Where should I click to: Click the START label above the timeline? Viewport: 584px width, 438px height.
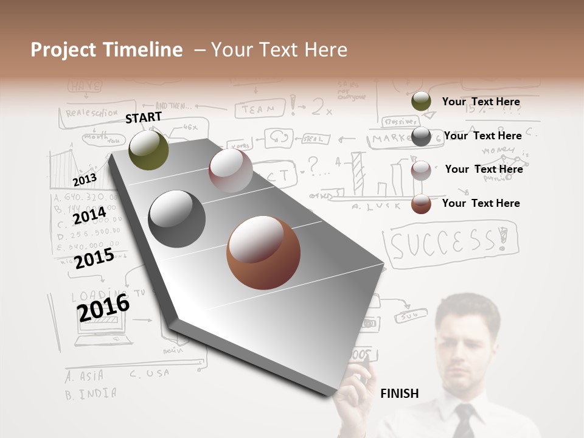tap(144, 117)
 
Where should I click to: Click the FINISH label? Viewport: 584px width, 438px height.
tap(399, 394)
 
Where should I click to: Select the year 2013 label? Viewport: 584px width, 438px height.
tap(85, 180)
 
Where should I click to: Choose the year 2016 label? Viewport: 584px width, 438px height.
tap(103, 307)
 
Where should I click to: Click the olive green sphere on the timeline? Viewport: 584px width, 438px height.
tap(149, 150)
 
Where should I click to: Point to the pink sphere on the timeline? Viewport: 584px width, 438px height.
tap(231, 170)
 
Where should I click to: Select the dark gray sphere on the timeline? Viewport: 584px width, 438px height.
tap(177, 219)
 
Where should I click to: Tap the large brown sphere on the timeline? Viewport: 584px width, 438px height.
tap(263, 252)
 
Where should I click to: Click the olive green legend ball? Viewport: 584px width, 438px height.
tap(421, 102)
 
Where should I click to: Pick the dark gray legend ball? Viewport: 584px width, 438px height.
tap(421, 136)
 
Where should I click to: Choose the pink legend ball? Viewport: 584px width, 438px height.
tap(421, 170)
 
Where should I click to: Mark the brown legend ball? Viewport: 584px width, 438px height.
tap(421, 204)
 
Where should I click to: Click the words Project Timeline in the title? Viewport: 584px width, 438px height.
tap(106, 50)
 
